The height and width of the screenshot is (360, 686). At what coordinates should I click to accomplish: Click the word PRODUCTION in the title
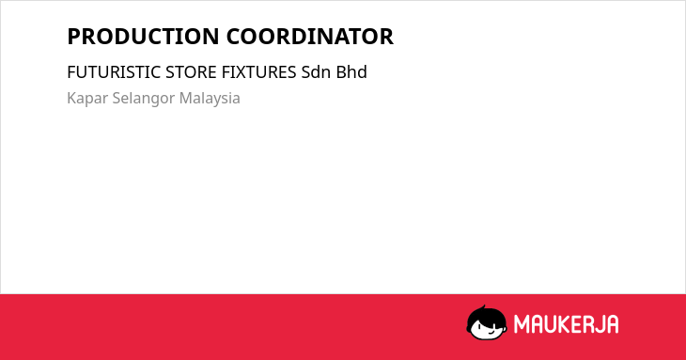coord(143,37)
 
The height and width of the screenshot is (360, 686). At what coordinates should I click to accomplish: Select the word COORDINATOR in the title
coord(310,37)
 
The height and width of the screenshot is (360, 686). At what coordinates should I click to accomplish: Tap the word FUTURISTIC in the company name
coord(114,72)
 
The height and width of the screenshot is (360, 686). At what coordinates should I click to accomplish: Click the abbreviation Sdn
coord(316,72)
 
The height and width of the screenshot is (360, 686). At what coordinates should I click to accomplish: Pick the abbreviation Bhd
coord(351,72)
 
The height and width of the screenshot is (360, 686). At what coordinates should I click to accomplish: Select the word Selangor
coord(144,99)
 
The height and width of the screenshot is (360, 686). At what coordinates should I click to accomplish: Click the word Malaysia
coord(210,99)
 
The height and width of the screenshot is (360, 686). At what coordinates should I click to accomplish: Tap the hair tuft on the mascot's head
coord(483,308)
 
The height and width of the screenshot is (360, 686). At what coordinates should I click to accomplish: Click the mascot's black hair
coord(486,316)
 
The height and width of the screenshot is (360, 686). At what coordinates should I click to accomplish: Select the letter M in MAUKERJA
coord(521,324)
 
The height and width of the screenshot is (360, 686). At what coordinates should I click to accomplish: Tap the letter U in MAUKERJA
coord(551,324)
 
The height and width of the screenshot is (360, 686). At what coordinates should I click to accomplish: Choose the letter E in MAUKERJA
coord(578,324)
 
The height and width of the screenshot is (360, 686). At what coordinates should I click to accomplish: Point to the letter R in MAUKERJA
coord(588,324)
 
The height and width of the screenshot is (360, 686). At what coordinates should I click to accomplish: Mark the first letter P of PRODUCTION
coord(74,37)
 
